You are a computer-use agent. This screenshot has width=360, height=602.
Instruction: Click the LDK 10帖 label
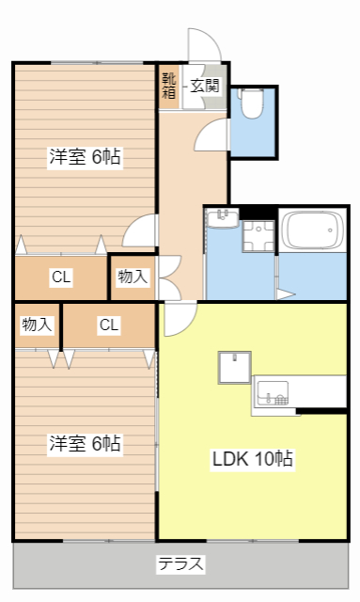[x=251, y=459]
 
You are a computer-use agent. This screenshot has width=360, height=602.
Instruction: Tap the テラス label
[x=180, y=564]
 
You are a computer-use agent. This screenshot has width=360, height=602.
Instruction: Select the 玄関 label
[x=205, y=86]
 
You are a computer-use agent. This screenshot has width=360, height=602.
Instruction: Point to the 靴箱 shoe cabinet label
[x=168, y=86]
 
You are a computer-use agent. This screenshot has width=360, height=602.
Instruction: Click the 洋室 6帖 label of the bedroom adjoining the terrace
[x=85, y=442]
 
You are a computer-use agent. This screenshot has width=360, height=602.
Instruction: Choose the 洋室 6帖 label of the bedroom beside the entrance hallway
[x=85, y=157]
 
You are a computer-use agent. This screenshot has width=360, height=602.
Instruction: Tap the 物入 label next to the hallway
[x=133, y=277]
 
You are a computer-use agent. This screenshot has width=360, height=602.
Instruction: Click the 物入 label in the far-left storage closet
[x=37, y=325]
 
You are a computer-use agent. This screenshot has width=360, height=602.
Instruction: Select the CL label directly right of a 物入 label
[x=109, y=325]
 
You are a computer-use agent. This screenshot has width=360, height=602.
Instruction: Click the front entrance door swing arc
[x=203, y=45]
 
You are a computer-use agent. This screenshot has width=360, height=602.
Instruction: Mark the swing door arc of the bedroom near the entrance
[x=141, y=231]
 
